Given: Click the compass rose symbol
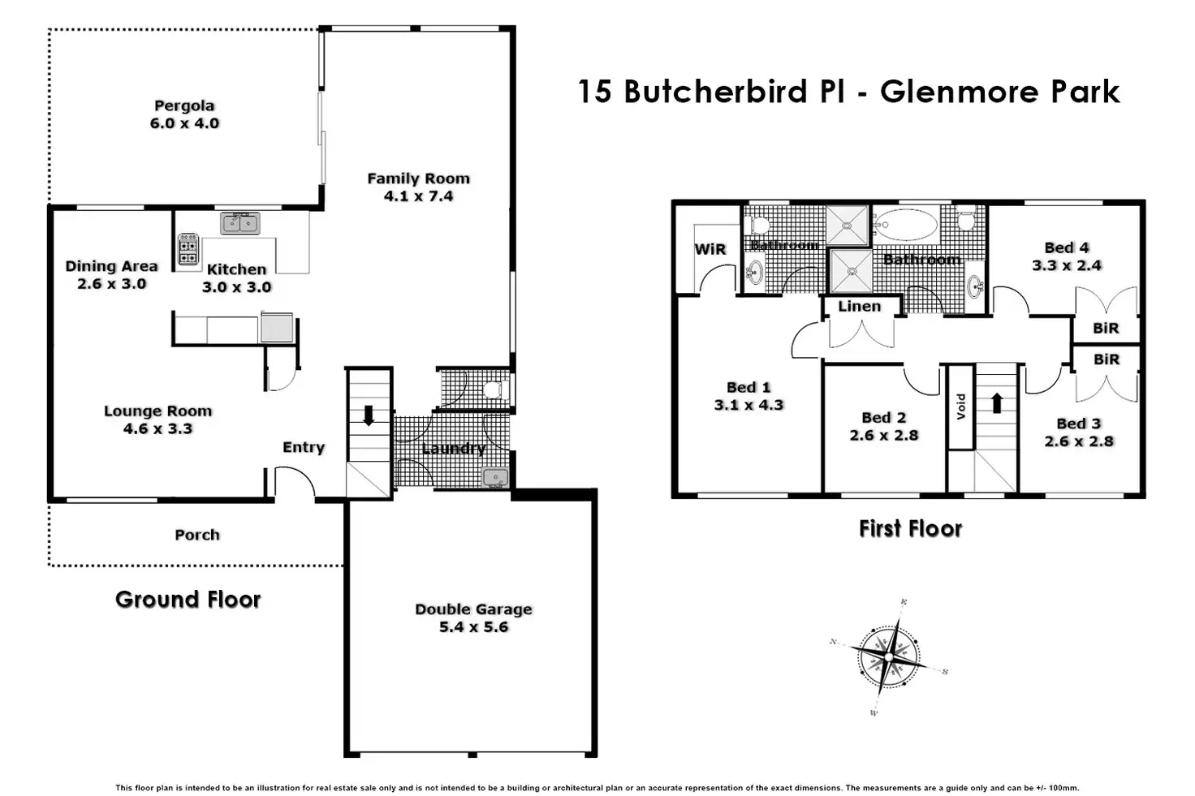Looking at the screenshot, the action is point(891,657).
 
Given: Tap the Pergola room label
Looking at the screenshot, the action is point(184,105).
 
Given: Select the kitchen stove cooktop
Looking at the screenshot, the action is point(188,249).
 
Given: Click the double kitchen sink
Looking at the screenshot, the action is point(239,223).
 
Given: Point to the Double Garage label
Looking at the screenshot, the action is point(473,609).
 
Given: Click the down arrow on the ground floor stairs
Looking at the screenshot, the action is point(369,415).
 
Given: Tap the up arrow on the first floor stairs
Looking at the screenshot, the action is point(996,402).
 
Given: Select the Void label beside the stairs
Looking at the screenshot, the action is point(960,406).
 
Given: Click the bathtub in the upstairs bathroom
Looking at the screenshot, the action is point(906,224).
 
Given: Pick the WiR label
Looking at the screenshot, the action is point(710,249).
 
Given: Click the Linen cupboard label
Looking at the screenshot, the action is point(859,306).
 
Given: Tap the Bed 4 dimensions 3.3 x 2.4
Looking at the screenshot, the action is point(1067,265).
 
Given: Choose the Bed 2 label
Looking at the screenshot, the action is point(883,417).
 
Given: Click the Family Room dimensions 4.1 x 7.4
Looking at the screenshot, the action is point(418,196).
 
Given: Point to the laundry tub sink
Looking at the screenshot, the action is point(495,477).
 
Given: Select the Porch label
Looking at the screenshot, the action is point(197,535).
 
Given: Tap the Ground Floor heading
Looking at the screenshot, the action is point(188,600).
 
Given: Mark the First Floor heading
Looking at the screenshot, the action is point(910,529).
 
